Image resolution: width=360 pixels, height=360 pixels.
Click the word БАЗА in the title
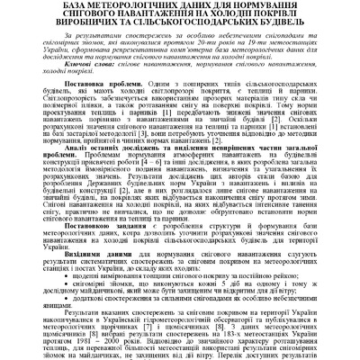[55, 7]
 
